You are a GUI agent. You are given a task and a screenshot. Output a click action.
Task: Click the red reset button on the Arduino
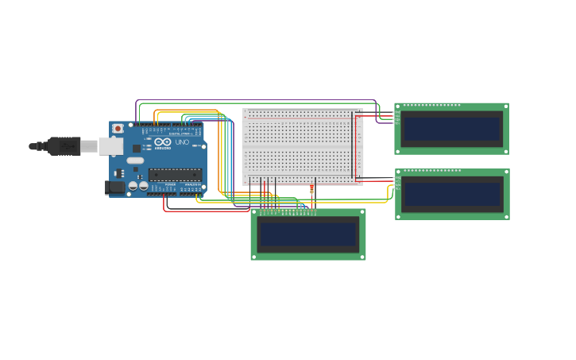click(x=118, y=128)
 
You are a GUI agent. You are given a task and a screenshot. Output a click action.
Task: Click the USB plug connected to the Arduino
click(x=64, y=146)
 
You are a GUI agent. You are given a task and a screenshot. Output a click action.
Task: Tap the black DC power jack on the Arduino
click(x=115, y=188)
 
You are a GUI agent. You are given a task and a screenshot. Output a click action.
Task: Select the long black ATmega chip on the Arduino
click(x=175, y=174)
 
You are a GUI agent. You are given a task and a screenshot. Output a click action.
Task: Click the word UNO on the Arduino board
click(x=182, y=142)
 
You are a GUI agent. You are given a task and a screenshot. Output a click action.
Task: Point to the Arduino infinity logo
click(x=163, y=142)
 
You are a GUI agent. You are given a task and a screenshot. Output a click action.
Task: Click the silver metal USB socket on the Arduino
click(x=110, y=146)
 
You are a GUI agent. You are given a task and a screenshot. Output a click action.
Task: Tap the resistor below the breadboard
click(x=311, y=190)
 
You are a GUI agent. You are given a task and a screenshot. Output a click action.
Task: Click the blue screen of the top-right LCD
click(x=451, y=129)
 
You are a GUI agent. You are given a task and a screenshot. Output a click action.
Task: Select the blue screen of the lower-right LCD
click(x=451, y=194)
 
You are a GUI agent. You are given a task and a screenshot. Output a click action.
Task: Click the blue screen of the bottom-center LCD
click(x=308, y=234)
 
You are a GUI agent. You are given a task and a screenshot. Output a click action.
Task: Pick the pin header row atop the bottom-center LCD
click(x=286, y=212)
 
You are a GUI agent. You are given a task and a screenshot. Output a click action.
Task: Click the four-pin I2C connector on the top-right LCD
click(x=396, y=118)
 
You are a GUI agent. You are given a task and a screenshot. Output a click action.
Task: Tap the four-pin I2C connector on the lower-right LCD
click(x=396, y=183)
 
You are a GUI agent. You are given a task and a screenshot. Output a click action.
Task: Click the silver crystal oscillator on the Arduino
click(x=135, y=161)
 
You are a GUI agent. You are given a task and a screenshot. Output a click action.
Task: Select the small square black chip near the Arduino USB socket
click(x=137, y=148)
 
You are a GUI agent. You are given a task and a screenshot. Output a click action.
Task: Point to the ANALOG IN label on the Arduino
click(x=192, y=185)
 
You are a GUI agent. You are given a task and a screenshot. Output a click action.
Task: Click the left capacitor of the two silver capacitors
click(x=133, y=186)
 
